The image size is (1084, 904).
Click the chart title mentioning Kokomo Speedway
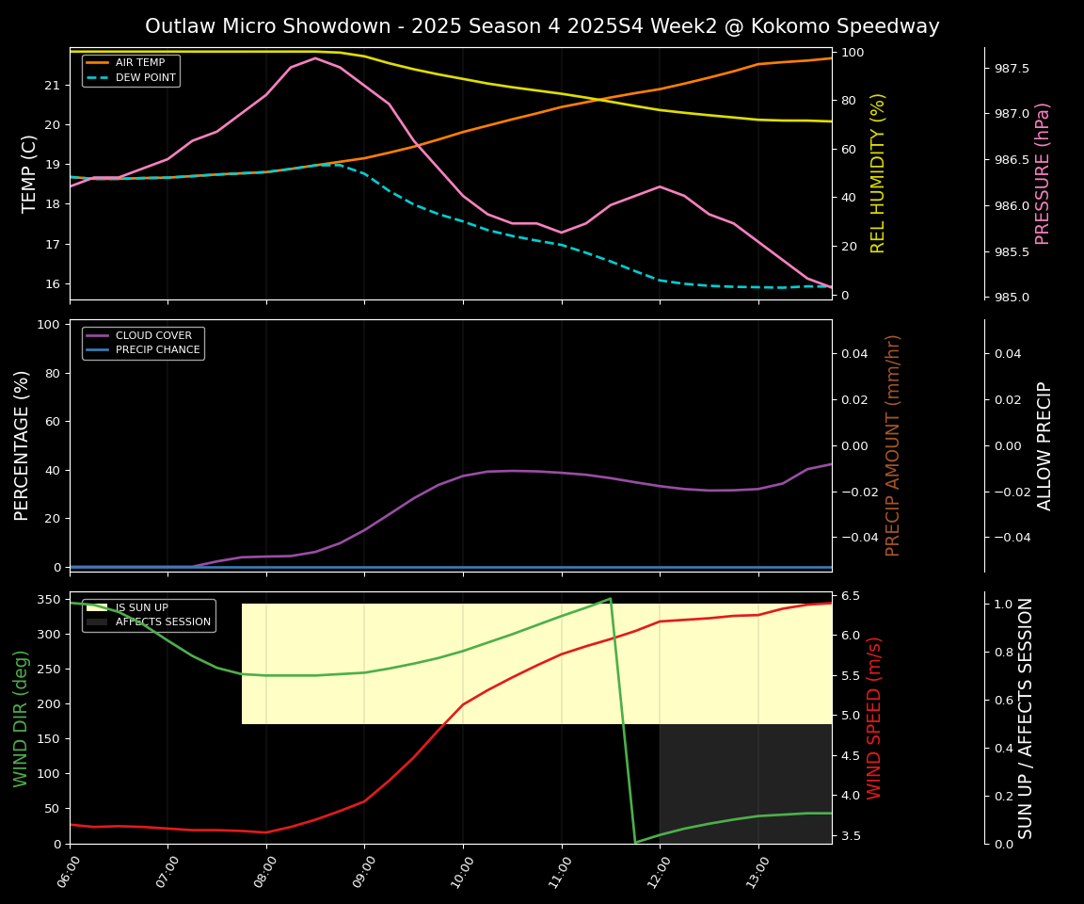click(x=542, y=26)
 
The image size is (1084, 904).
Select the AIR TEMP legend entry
click(x=140, y=62)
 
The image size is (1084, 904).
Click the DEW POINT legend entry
click(x=145, y=77)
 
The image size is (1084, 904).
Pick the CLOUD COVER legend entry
click(x=153, y=335)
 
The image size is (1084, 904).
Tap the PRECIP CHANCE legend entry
click(x=157, y=350)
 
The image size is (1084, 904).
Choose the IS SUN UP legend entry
click(x=141, y=607)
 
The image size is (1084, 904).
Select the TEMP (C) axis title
click(x=30, y=173)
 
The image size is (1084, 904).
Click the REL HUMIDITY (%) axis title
click(x=878, y=173)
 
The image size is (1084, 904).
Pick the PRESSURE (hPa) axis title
click(x=1043, y=173)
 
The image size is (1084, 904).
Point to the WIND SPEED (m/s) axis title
click(x=875, y=718)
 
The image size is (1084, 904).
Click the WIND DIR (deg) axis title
click(x=21, y=718)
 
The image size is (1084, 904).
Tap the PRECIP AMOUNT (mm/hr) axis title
click(x=893, y=445)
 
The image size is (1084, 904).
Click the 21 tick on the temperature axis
click(x=52, y=86)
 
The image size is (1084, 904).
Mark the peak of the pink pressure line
click(x=315, y=58)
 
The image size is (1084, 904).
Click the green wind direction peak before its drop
click(x=610, y=598)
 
